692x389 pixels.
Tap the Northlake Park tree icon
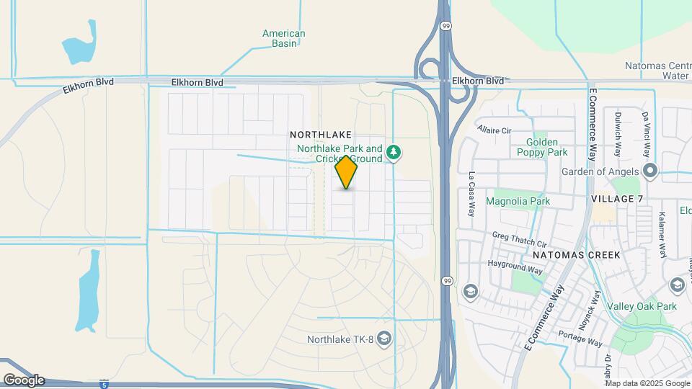tap(394, 152)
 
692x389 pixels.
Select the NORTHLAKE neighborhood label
tap(321, 135)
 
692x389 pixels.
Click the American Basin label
tap(283, 38)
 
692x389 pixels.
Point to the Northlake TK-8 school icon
tap(384, 339)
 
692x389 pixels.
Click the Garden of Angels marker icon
tap(650, 171)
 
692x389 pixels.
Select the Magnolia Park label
tap(518, 200)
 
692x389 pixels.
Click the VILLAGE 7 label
tap(616, 198)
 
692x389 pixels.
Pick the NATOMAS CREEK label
tap(572, 255)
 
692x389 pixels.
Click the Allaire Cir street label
tap(494, 130)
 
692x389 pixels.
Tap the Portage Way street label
tap(580, 336)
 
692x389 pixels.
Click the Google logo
tap(24, 380)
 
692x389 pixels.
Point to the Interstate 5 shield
tap(105, 383)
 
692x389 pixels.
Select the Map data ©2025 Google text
tap(647, 383)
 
